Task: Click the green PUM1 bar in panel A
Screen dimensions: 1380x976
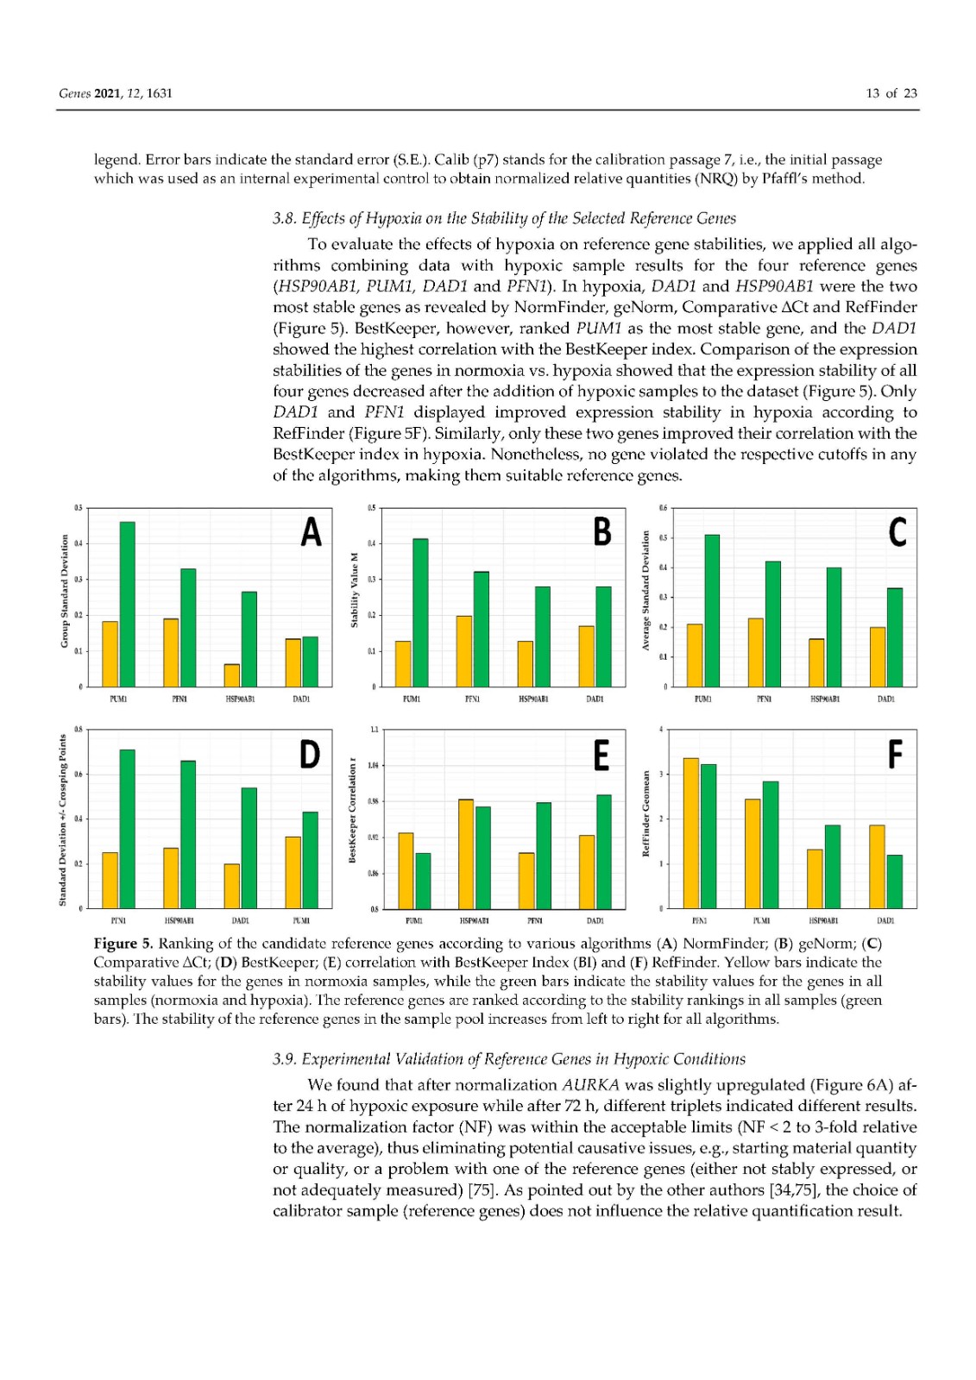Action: [127, 604]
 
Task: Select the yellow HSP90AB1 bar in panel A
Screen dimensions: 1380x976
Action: [232, 675]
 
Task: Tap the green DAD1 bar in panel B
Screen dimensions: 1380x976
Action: [603, 637]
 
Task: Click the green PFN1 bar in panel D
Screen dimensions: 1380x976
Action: [127, 829]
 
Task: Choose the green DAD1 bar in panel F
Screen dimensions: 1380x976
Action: [894, 881]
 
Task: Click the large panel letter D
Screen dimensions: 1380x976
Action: [309, 754]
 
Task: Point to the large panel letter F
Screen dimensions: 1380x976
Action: [895, 755]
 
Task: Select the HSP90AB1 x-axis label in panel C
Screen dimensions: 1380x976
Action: [825, 699]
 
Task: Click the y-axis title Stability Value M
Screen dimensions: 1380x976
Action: [354, 590]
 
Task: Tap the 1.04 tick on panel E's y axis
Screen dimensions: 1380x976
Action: [373, 765]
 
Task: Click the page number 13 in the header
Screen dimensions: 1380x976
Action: [873, 93]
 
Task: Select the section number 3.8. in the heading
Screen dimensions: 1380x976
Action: [285, 218]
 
